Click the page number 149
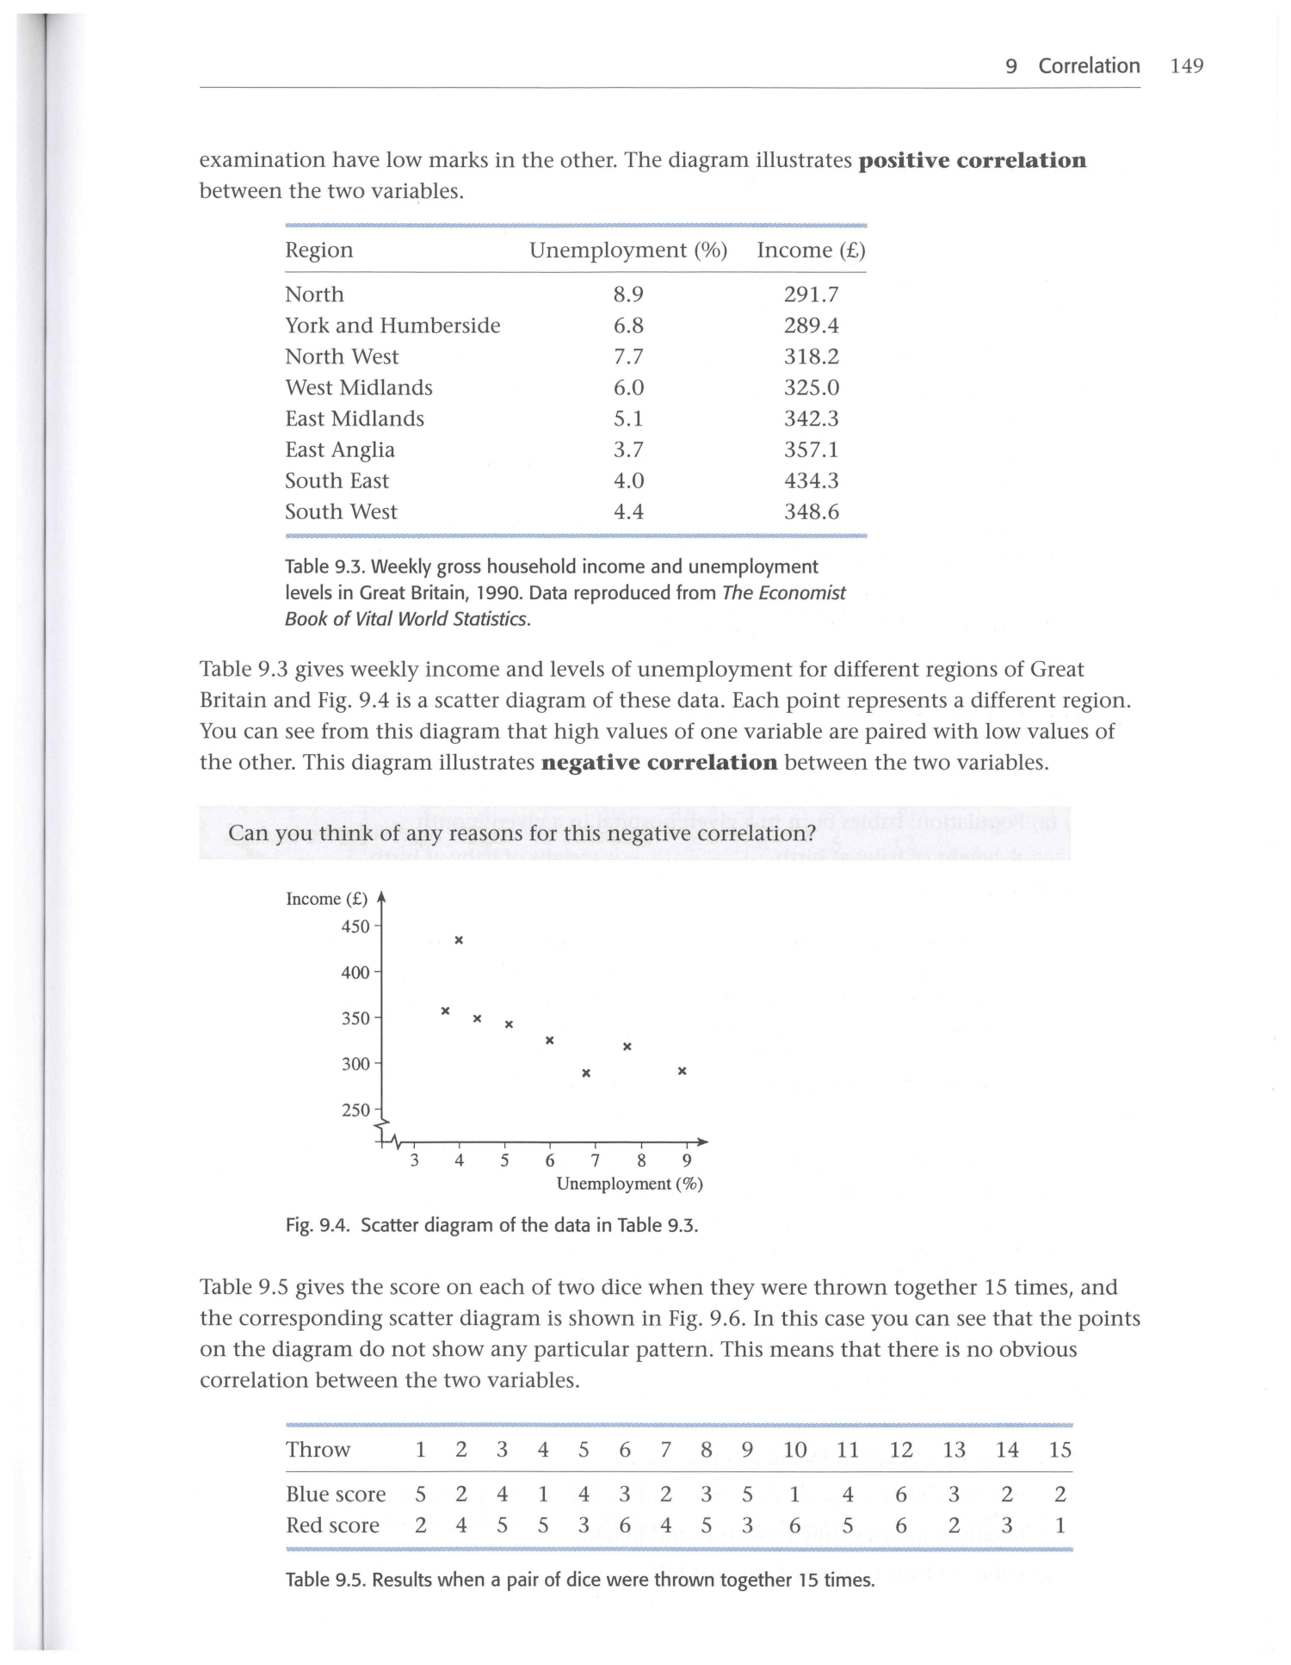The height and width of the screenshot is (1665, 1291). tap(1186, 66)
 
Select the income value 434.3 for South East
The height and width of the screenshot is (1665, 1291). tap(811, 480)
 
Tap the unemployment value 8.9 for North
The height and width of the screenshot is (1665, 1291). tap(628, 294)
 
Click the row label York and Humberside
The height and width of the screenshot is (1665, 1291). tap(392, 325)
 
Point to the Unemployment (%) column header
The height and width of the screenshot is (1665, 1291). tap(628, 251)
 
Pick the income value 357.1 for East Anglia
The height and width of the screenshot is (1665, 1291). tap(811, 449)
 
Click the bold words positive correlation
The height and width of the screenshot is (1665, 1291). tap(973, 161)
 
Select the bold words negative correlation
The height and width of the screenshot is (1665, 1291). tap(659, 763)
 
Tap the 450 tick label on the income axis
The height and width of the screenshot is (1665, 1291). tap(355, 926)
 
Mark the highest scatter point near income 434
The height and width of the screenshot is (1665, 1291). tap(459, 940)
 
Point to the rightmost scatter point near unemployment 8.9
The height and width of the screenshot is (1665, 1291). tap(682, 1071)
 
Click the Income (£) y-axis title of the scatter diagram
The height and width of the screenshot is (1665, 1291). tap(326, 899)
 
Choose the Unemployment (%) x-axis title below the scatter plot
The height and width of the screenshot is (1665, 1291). tap(629, 1184)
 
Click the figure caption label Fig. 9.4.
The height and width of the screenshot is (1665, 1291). tap(318, 1225)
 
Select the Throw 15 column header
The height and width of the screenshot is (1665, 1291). tap(1059, 1450)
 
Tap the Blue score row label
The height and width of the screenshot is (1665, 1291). tap(336, 1494)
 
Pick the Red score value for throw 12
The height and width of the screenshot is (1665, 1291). tap(900, 1525)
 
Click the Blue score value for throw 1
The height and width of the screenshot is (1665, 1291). tap(420, 1494)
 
